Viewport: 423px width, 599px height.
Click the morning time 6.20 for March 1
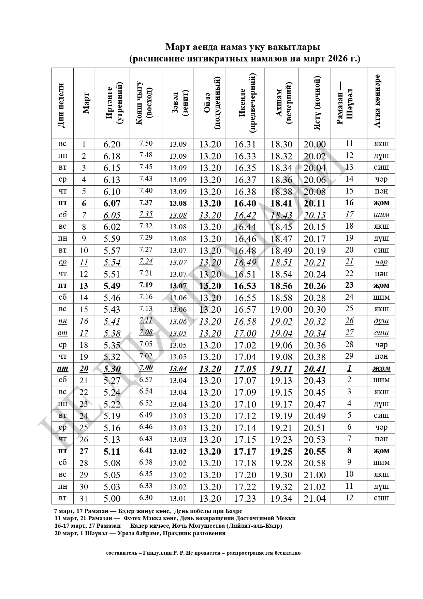(x=112, y=144)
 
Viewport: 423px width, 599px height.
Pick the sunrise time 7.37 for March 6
(x=146, y=202)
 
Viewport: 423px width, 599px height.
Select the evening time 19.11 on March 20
(x=281, y=369)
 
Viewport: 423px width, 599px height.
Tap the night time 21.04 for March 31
(x=315, y=499)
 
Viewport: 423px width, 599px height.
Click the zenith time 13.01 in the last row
(x=178, y=499)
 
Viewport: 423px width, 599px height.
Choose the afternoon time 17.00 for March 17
(x=245, y=333)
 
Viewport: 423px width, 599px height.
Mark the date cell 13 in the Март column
(x=84, y=286)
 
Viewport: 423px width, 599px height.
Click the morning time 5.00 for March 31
(x=112, y=499)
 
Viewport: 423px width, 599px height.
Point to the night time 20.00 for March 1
(x=315, y=144)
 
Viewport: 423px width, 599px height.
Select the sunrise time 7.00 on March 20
(x=146, y=368)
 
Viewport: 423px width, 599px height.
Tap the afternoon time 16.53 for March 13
(x=245, y=286)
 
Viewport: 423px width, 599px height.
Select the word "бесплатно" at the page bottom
(x=287, y=553)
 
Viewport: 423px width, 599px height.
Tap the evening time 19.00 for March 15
(x=281, y=310)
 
